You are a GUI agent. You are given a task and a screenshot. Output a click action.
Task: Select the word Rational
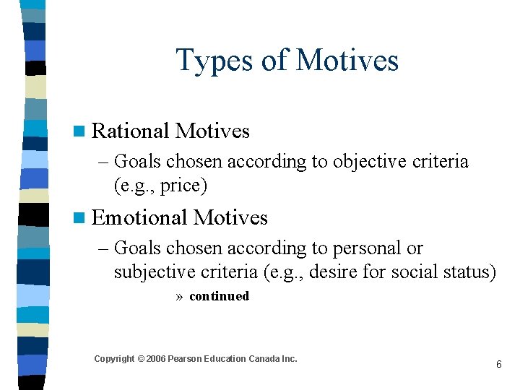[131, 131]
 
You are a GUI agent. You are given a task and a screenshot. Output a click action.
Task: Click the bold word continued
[219, 296]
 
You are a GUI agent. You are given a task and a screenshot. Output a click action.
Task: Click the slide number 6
[498, 365]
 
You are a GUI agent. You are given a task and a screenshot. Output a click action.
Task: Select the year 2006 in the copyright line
[156, 359]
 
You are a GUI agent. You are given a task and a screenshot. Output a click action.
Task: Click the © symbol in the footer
[141, 359]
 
